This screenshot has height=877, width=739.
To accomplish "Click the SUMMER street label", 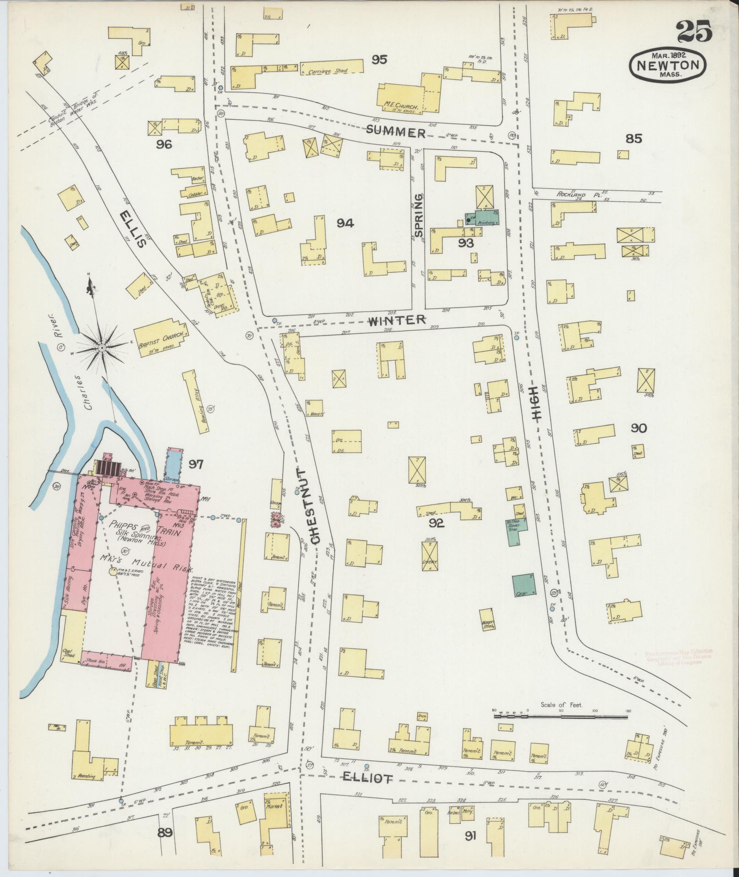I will pos(395,132).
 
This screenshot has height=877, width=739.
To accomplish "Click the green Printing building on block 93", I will pos(482,219).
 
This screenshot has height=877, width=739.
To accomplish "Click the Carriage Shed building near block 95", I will pos(332,68).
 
